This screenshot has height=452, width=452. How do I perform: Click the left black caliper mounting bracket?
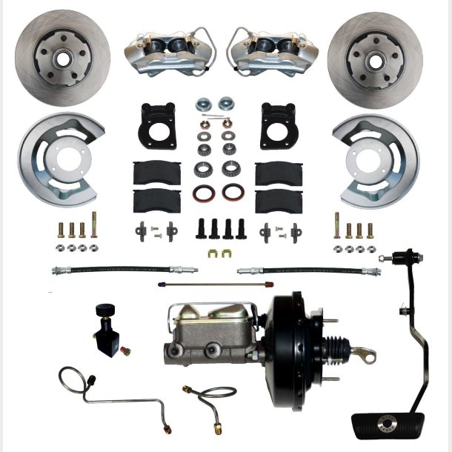pos(156,127)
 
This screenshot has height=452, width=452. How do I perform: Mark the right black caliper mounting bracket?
pos(279,127)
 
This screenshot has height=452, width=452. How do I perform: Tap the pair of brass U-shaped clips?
pos(219,256)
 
